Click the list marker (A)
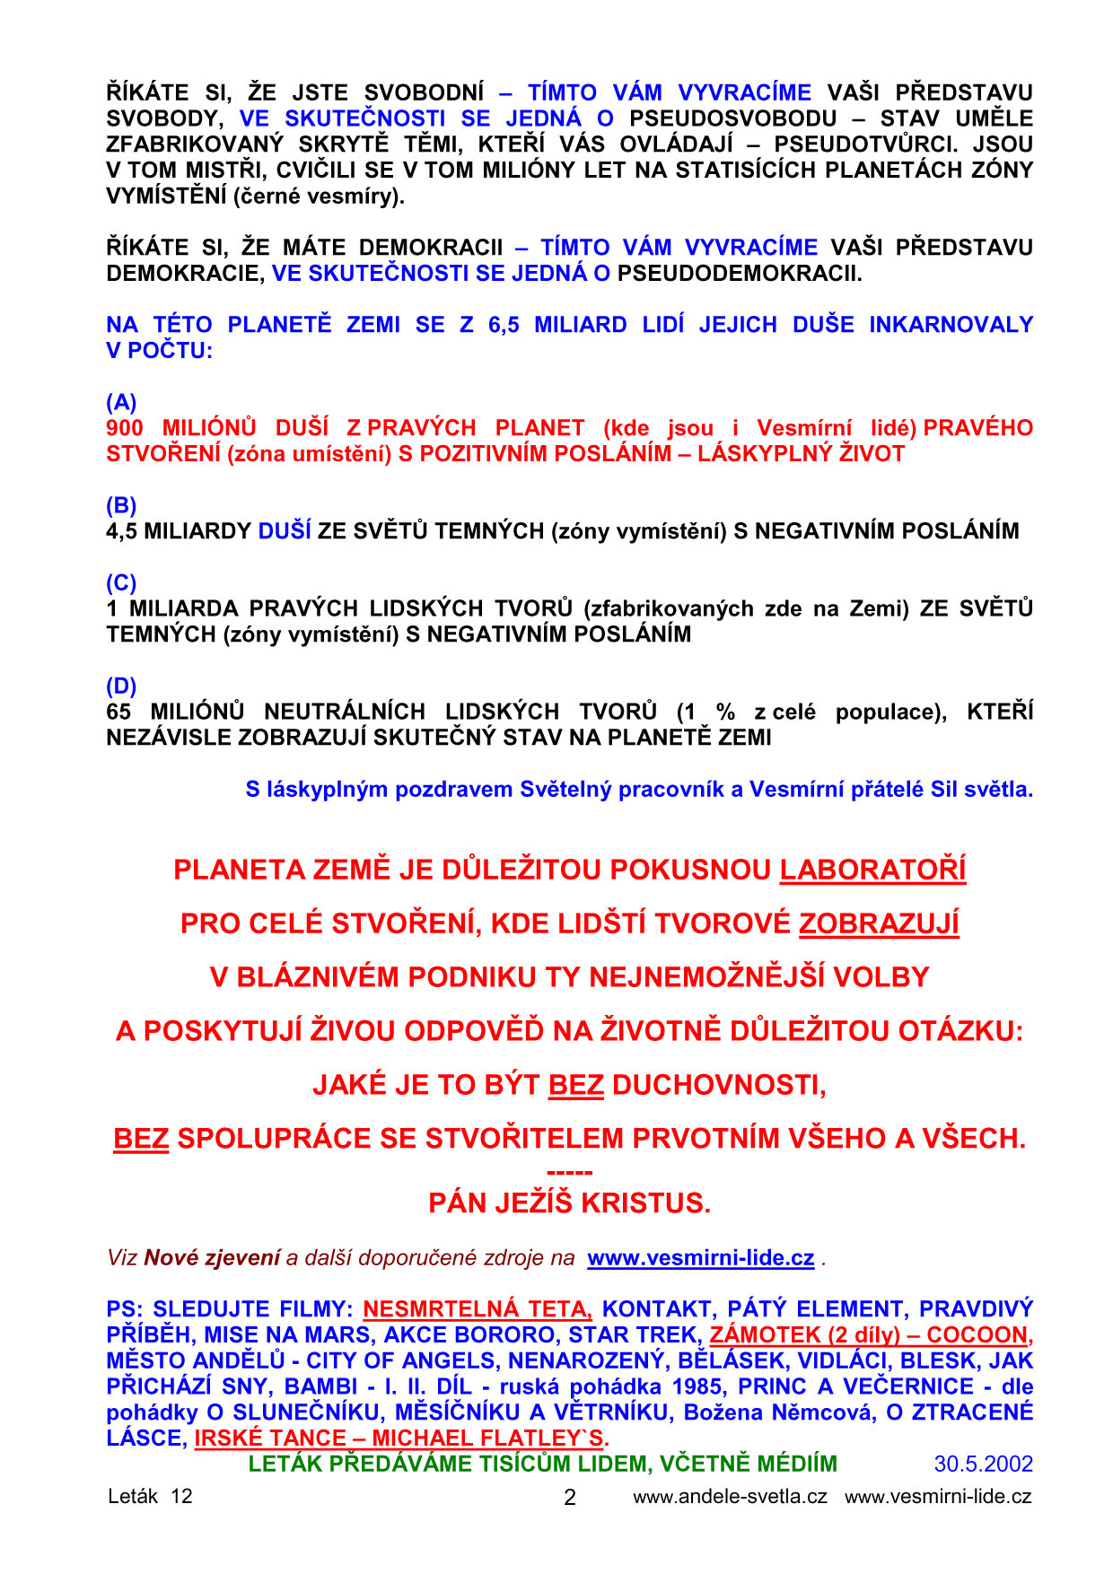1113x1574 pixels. tap(121, 402)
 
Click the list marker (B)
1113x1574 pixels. tap(121, 505)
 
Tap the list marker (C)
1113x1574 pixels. tap(121, 582)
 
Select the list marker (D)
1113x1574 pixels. tap(121, 686)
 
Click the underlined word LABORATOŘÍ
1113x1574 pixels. tap(872, 870)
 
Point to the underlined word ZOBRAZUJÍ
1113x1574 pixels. tap(879, 923)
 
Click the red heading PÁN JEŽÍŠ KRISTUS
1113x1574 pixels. tap(569, 1202)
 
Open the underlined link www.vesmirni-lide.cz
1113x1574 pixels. tap(700, 1258)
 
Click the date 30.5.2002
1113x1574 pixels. tap(983, 1464)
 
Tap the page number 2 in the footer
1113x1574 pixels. tap(569, 1497)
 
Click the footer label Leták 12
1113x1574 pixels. tap(150, 1496)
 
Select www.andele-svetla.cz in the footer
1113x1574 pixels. tap(730, 1496)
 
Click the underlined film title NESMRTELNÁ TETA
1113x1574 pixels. tap(477, 1309)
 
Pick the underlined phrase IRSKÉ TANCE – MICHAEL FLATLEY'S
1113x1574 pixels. tap(401, 1438)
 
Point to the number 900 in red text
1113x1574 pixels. tap(125, 428)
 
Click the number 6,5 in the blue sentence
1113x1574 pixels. tap(504, 325)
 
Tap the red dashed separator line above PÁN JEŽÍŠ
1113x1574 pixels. tap(569, 1172)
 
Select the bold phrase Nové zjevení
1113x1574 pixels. tap(212, 1258)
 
